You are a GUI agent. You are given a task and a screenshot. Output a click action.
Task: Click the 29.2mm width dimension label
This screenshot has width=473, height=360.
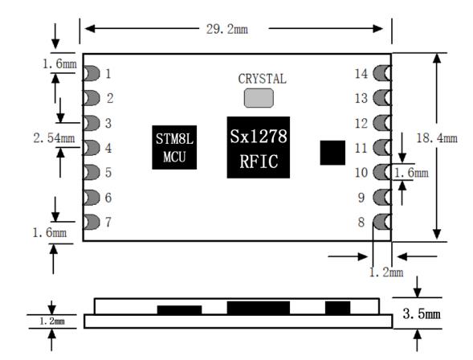point(227,29)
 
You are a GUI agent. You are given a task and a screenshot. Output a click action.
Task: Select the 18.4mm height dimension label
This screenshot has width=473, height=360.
point(437,138)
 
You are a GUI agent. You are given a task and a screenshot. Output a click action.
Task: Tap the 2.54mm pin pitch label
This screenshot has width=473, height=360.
point(54,138)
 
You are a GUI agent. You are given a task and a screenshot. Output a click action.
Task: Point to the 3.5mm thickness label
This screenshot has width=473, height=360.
point(422,314)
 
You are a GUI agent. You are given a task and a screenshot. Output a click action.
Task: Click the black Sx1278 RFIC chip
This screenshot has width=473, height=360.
point(259,147)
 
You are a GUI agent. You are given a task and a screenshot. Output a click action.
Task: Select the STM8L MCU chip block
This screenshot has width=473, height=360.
point(174,147)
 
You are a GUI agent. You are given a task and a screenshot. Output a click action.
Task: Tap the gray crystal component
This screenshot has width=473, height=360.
point(259,98)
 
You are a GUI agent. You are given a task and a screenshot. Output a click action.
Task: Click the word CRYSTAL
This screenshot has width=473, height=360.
point(262,79)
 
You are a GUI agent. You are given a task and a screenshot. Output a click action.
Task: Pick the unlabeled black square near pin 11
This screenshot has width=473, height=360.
point(332,153)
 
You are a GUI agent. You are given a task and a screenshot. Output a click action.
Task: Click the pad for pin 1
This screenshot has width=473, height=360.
point(91,73)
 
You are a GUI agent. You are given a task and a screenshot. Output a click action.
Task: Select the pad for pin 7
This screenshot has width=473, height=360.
point(91,222)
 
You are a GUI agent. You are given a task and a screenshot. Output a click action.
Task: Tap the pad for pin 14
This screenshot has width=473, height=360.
point(382,73)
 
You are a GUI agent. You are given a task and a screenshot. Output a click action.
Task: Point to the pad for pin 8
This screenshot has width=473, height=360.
point(382,222)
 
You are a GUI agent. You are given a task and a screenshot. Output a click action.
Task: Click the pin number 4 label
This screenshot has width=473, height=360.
point(108,148)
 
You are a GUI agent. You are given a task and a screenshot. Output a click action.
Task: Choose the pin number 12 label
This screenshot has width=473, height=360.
point(361,124)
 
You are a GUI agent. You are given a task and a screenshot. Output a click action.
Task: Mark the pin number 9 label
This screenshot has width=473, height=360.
point(361,198)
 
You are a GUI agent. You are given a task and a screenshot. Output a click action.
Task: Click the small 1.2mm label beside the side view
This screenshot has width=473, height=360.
point(52,321)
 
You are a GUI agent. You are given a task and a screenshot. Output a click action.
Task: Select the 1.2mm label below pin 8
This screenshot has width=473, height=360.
point(386,272)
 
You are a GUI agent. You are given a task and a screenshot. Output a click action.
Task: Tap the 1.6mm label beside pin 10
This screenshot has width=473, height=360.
point(411,173)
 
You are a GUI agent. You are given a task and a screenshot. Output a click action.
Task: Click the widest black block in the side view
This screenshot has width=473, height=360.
point(259,308)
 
